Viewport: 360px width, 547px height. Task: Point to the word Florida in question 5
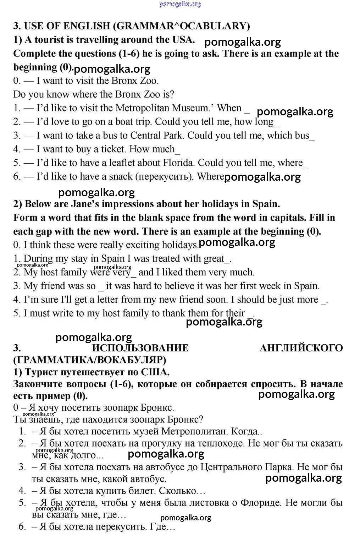[179, 163]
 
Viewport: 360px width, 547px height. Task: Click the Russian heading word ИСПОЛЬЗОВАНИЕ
[140, 348]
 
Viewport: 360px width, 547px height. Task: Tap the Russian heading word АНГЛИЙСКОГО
[301, 348]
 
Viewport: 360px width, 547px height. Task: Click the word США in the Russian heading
[155, 372]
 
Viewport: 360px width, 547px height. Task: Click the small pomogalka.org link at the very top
[180, 4]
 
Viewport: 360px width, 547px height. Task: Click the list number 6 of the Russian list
[22, 526]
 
